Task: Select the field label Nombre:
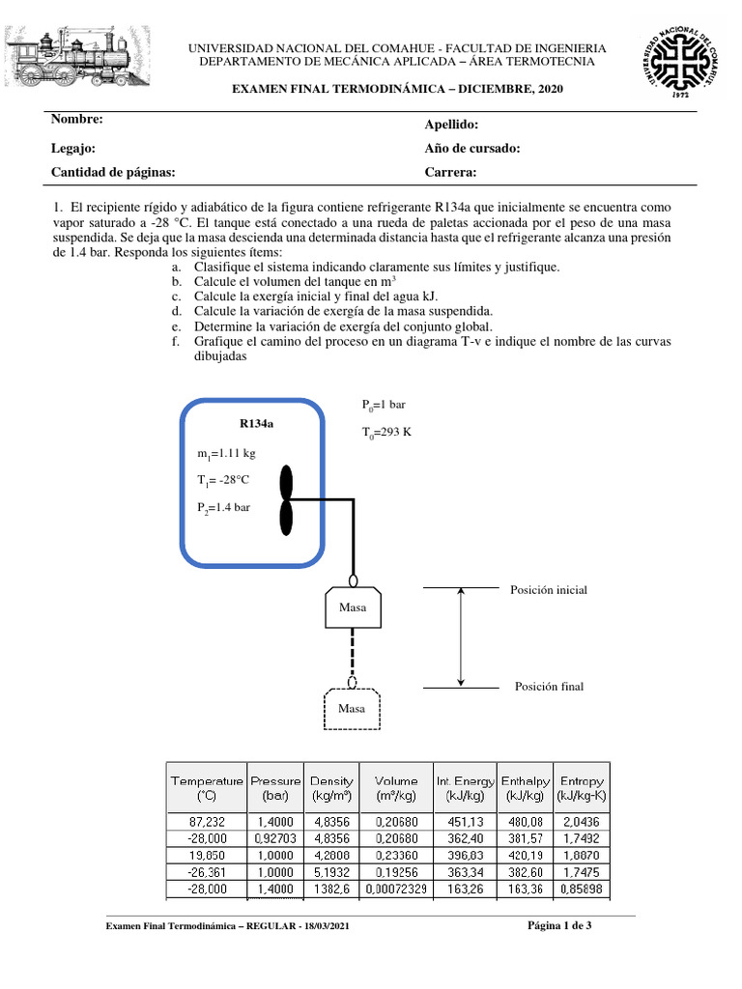pos(73,120)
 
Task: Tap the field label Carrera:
pos(451,172)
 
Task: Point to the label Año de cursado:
pos(472,148)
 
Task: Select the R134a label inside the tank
pos(258,423)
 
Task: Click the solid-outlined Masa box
pos(353,608)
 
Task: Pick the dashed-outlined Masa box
pos(353,709)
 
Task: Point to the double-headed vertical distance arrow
pos(461,636)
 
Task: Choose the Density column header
pos(331,787)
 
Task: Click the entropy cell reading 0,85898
pos(581,888)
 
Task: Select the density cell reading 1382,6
pos(331,888)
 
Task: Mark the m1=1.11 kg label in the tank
pos(226,453)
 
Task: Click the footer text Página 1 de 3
pos(559,927)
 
